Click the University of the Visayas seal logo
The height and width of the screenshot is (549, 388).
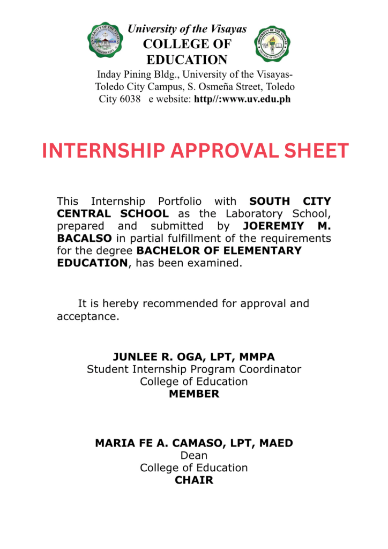pos(105,40)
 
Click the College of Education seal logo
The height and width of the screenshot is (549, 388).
pos(273,43)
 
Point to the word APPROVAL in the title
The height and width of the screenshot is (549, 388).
pos(218,151)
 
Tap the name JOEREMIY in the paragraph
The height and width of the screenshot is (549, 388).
pos(271,226)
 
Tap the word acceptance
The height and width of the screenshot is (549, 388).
pos(87,316)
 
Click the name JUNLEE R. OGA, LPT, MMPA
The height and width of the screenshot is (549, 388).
pos(194,357)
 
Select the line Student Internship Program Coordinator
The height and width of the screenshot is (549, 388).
pos(194,369)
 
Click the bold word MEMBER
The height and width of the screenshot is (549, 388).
pos(194,394)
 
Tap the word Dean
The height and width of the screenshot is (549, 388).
pos(194,456)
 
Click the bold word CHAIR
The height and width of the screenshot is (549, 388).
pos(194,480)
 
